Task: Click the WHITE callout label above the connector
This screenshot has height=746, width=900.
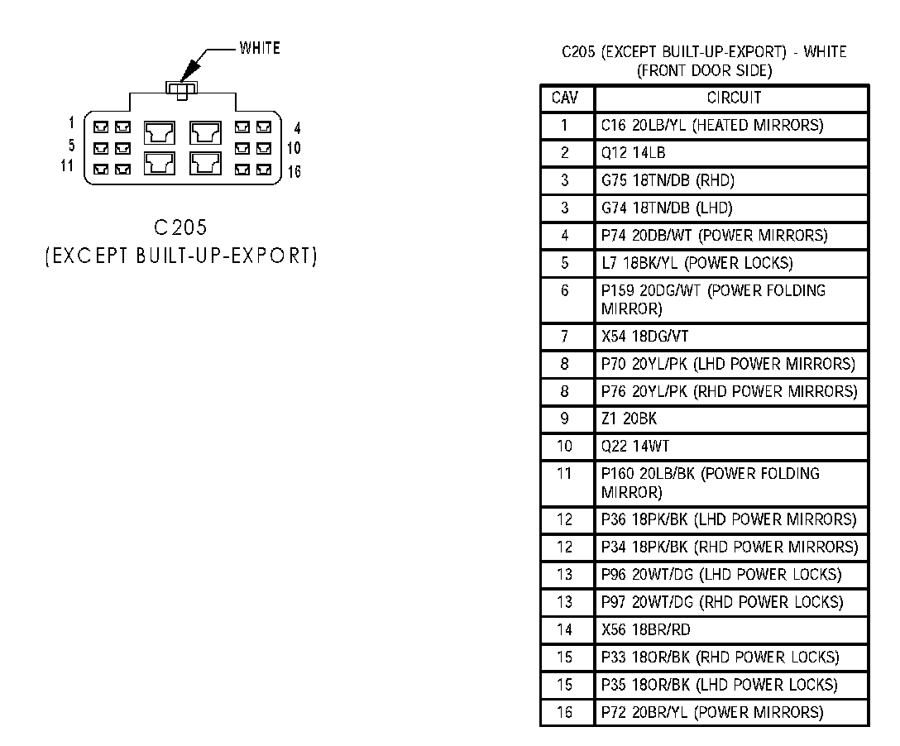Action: (260, 48)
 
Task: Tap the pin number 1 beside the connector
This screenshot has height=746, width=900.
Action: (72, 123)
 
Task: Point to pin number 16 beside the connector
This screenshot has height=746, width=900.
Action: (294, 172)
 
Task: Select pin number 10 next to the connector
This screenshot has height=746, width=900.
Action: (294, 149)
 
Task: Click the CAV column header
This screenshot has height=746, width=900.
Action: (566, 98)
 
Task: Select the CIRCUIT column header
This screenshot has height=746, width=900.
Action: (733, 98)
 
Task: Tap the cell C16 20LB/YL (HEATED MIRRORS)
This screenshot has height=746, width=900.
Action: (712, 126)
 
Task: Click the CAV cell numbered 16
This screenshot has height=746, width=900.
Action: (566, 712)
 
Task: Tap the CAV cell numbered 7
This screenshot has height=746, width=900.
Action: (566, 337)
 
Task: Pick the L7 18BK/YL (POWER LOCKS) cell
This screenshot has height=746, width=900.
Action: (697, 263)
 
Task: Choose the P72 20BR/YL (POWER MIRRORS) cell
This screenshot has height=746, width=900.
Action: (712, 712)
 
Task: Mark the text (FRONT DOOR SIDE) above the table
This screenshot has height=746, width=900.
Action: (704, 71)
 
